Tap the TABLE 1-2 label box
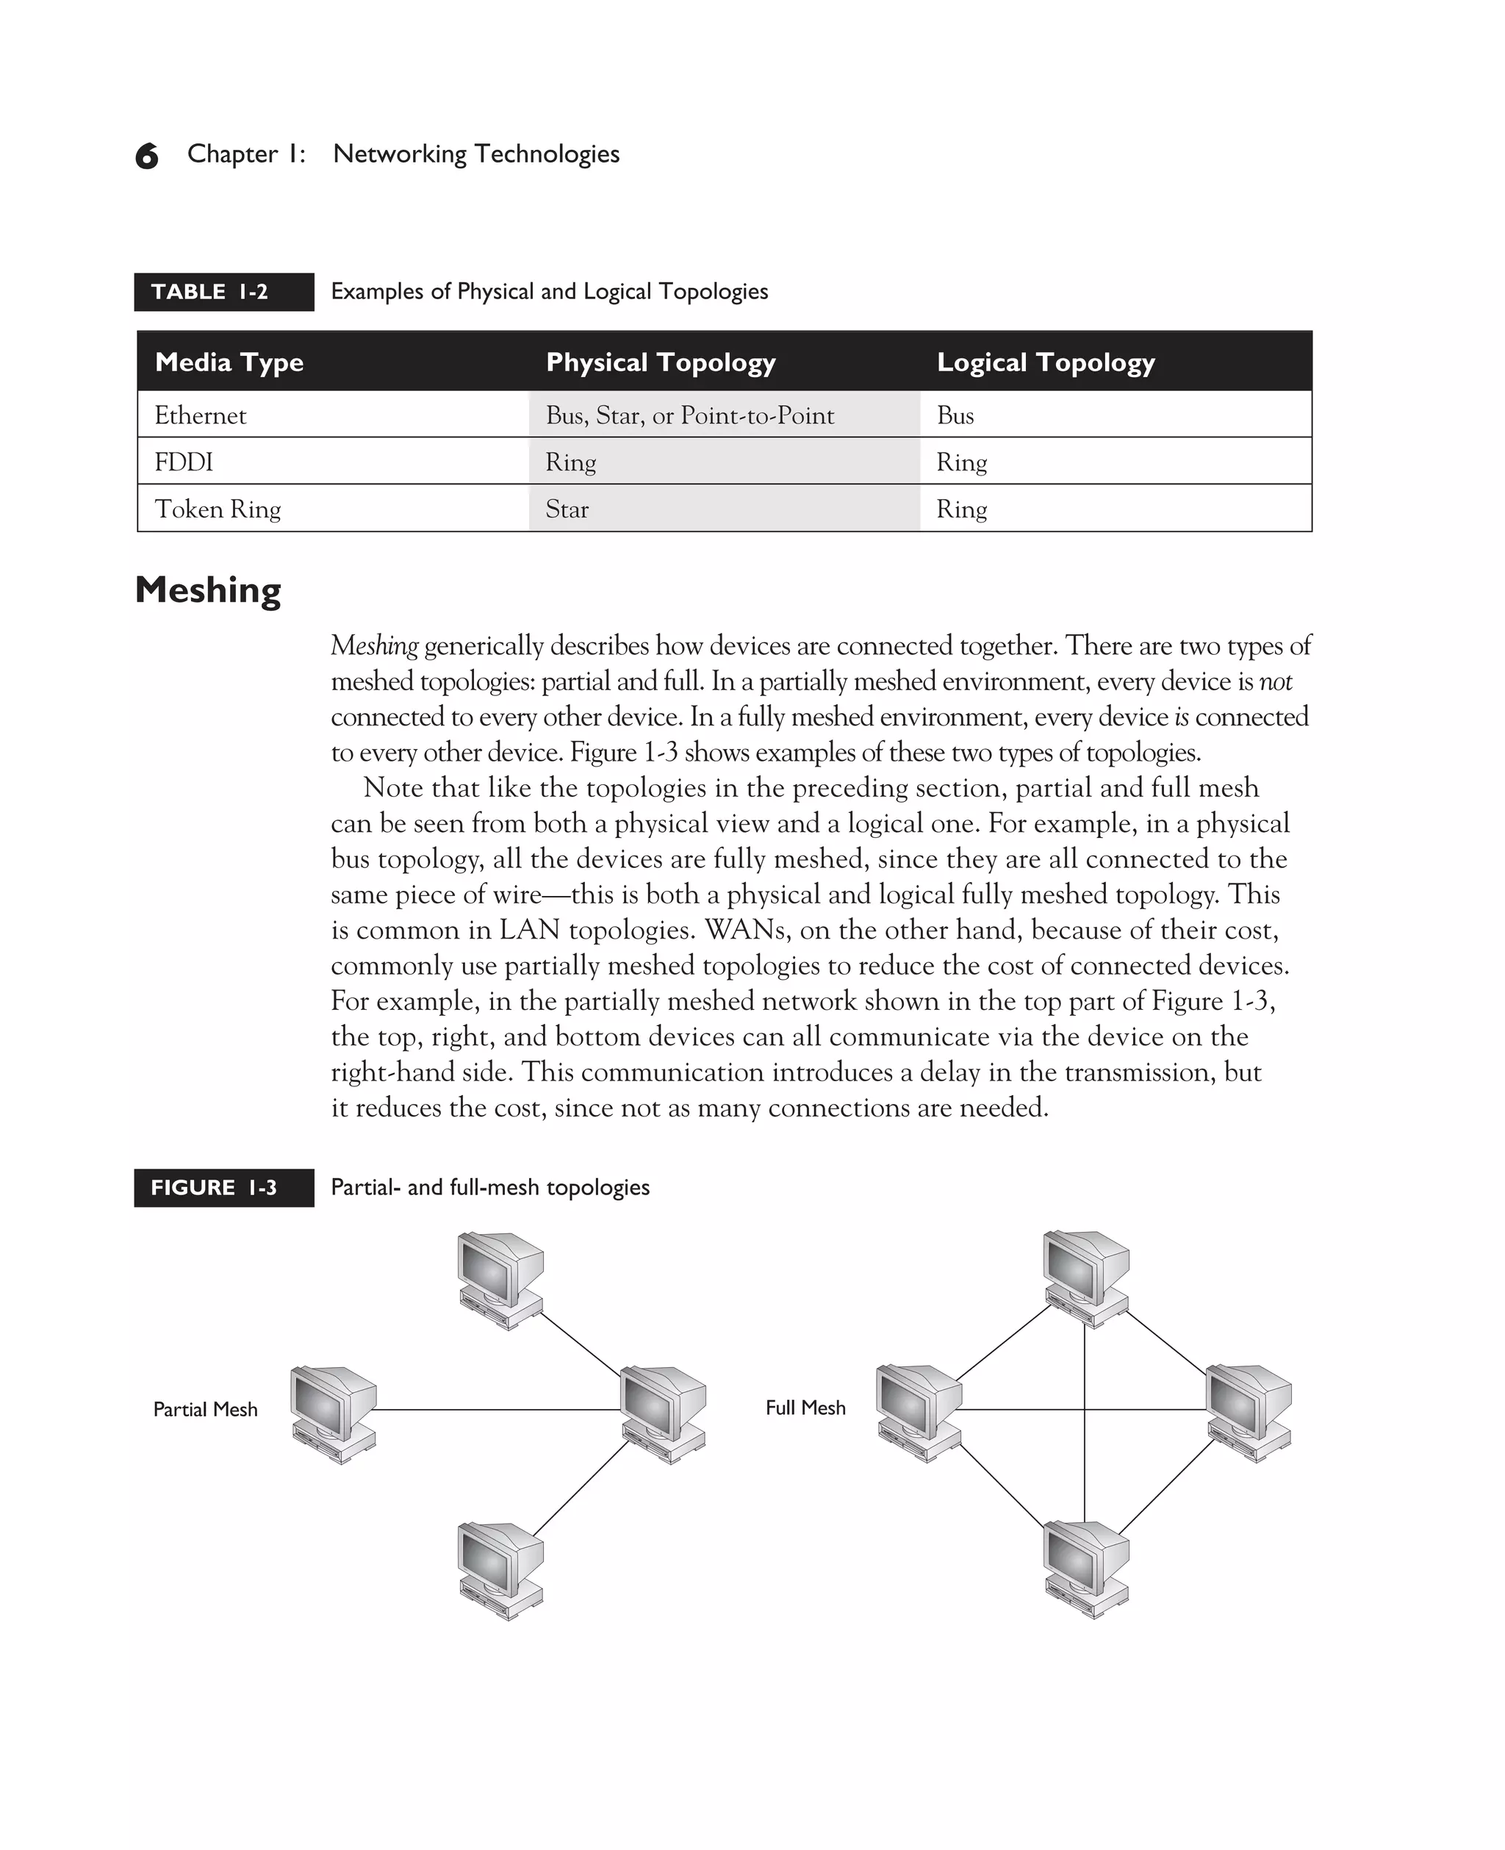coord(223,292)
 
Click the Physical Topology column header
coord(661,362)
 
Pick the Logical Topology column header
coord(1046,362)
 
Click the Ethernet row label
coord(201,415)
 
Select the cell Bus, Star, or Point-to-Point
coord(689,415)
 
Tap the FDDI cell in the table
coord(184,462)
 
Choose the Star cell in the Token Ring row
coord(567,509)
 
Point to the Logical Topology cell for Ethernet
coord(955,415)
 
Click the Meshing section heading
coord(208,590)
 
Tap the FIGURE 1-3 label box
coord(223,1188)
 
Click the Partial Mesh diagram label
coord(206,1410)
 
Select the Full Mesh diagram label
coord(805,1408)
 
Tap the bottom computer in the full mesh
coord(1086,1570)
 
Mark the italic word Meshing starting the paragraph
coord(375,646)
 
